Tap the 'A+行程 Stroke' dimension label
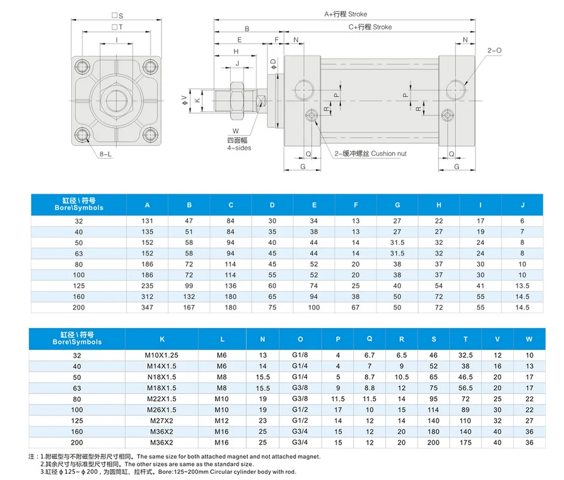tap(345, 13)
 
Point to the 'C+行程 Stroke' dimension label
tap(370, 27)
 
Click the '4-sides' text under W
tap(239, 148)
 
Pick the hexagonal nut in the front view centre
tap(116, 98)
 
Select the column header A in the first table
tap(147, 205)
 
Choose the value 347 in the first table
tap(147, 307)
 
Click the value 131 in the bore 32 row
tap(147, 220)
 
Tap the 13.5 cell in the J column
tap(522, 285)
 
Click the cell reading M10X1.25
tap(162, 355)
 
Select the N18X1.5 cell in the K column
tap(162, 377)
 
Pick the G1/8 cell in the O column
tap(300, 355)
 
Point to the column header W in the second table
tap(529, 338)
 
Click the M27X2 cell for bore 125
tap(162, 421)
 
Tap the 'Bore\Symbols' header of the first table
tap(78, 204)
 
